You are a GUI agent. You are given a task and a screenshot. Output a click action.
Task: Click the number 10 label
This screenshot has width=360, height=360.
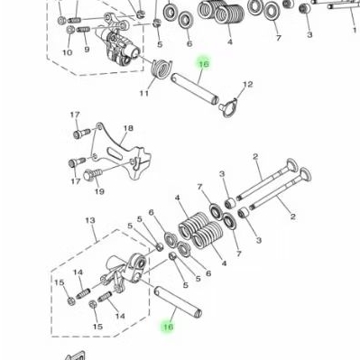click(x=67, y=52)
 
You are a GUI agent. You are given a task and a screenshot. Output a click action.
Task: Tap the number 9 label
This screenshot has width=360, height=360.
click(x=87, y=49)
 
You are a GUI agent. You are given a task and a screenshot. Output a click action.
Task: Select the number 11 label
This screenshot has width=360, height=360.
click(x=143, y=93)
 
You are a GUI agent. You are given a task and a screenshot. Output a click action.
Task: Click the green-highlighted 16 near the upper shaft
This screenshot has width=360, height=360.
click(x=204, y=65)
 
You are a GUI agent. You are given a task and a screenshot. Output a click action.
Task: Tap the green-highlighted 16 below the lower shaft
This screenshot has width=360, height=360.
click(x=167, y=328)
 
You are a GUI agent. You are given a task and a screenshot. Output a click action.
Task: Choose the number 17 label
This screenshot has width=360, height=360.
click(x=75, y=115)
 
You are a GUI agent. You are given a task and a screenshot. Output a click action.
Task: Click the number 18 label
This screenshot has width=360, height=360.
click(x=127, y=129)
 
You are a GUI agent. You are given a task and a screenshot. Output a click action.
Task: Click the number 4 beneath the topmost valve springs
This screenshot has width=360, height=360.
click(x=230, y=41)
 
